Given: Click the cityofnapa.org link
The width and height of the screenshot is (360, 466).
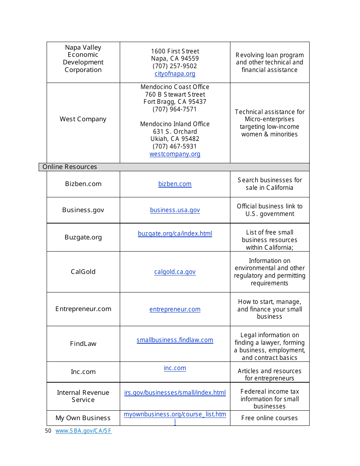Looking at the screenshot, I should pos(175,73).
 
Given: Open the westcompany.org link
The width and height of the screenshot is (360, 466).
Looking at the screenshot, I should pos(175,154).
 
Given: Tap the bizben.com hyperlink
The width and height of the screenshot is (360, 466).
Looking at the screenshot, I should pos(175,184).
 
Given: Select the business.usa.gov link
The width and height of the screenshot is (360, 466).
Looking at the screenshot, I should pos(175,210).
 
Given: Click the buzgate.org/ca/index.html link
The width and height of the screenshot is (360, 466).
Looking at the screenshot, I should pos(175,233).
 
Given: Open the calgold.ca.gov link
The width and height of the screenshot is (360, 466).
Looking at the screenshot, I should pos(175,272).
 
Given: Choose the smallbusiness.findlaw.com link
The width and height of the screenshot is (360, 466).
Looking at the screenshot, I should pos(175,340).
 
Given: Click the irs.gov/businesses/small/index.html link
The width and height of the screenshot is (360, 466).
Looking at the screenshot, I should pos(175,393).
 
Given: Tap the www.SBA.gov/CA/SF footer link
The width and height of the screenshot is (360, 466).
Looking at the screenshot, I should pos(83,431).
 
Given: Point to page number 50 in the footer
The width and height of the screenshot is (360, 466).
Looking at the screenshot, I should pos(48,431).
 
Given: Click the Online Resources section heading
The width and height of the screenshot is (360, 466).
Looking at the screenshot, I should pos(70,167).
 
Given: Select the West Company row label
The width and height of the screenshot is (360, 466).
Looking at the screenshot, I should pos(83,119).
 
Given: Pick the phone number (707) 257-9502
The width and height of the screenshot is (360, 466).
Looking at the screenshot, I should pos(175,66).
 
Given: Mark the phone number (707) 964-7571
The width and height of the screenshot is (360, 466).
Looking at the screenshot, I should pos(175,109).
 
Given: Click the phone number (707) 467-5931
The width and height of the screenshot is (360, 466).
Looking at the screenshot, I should pos(175,146).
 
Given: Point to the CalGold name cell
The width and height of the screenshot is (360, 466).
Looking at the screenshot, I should pos(83,272).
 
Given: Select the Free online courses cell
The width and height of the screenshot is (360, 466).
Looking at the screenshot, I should pos(269,418).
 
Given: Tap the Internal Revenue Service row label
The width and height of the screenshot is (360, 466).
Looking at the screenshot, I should pos(83,396).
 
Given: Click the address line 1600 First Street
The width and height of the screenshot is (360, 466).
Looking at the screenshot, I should pos(175,51).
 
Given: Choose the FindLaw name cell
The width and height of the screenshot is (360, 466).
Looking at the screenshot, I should pos(83,344).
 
